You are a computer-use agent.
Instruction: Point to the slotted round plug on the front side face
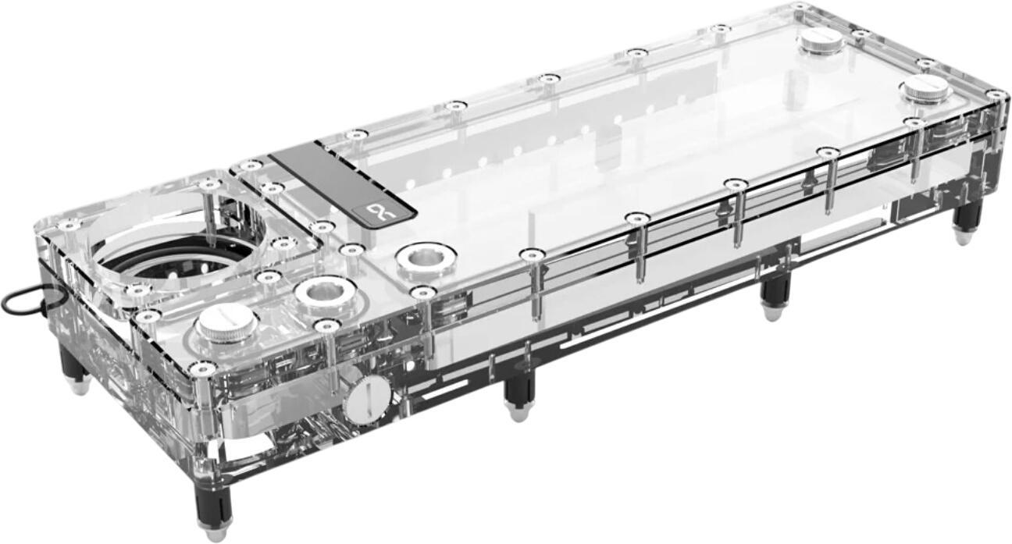point(366,398)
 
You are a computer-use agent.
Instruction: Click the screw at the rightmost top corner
point(996,94)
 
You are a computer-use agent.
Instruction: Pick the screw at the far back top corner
point(799,7)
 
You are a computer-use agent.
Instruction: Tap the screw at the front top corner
point(202,368)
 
